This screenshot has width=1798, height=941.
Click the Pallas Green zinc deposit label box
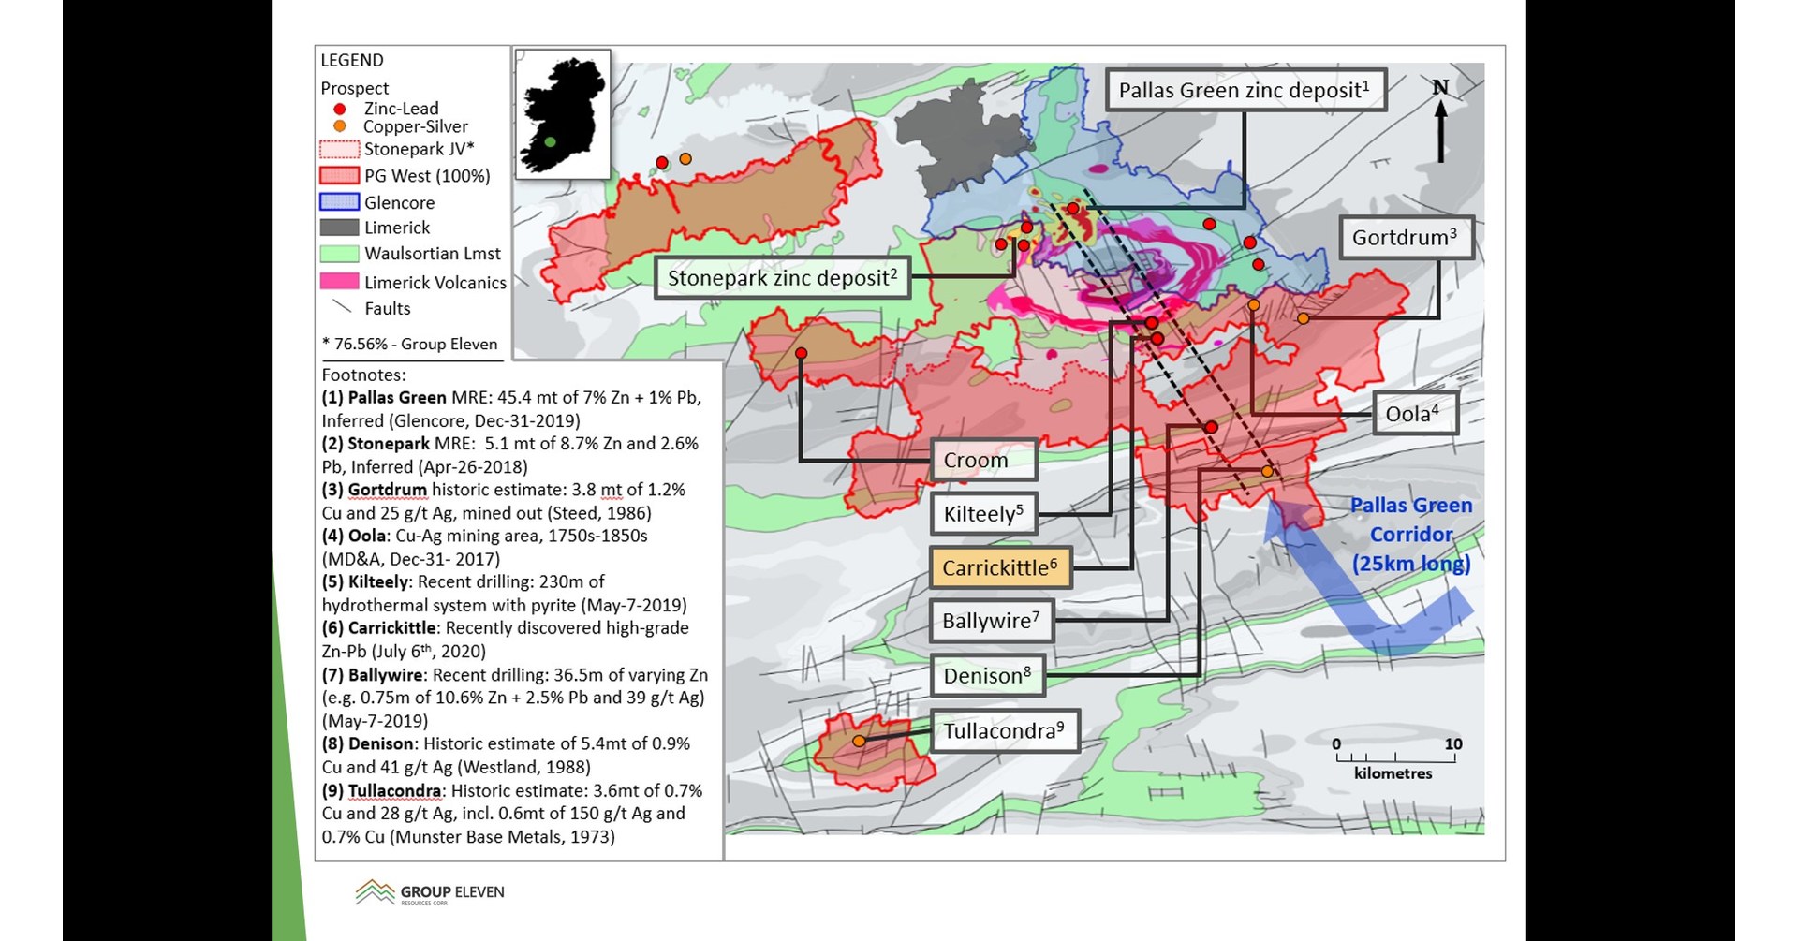pyautogui.click(x=1245, y=91)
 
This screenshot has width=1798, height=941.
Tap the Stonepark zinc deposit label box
pyautogui.click(x=782, y=278)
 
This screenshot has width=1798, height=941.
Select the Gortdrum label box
pyautogui.click(x=1406, y=238)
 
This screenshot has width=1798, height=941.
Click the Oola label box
pyautogui.click(x=1415, y=414)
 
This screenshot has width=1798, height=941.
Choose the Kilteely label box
pyautogui.click(x=983, y=514)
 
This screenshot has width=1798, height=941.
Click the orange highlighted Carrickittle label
pyautogui.click(x=1000, y=568)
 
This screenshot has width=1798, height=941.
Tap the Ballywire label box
pyautogui.click(x=991, y=621)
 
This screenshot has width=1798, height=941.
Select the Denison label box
pyautogui.click(x=987, y=676)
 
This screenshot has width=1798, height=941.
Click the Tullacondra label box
pyautogui.click(x=1004, y=731)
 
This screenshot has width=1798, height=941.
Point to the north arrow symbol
pyautogui.click(x=1440, y=122)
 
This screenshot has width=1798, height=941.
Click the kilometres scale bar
pyautogui.click(x=1394, y=757)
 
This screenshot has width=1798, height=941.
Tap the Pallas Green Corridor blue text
pyautogui.click(x=1411, y=534)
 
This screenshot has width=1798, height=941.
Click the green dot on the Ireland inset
pyautogui.click(x=551, y=142)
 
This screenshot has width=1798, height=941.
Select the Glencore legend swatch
pyautogui.click(x=339, y=202)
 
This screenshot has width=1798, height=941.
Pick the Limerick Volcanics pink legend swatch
pyautogui.click(x=339, y=282)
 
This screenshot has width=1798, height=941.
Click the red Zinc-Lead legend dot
pyautogui.click(x=340, y=109)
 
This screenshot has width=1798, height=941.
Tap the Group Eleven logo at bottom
pyautogui.click(x=430, y=892)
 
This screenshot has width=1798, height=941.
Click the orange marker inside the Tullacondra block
pyautogui.click(x=859, y=742)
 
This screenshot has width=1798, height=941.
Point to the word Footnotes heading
pyautogui.click(x=363, y=375)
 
